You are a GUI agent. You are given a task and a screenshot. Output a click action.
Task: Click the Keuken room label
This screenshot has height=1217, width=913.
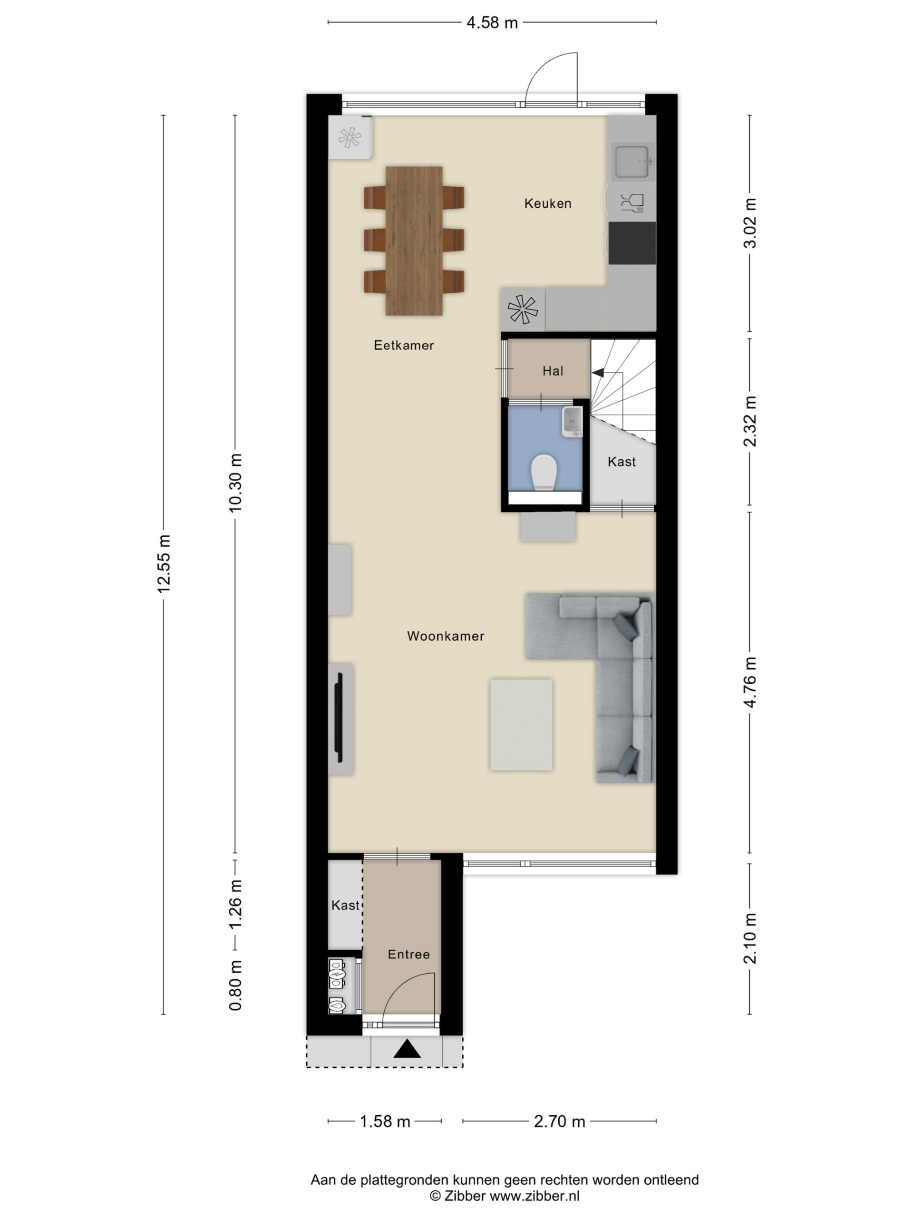pos(548,203)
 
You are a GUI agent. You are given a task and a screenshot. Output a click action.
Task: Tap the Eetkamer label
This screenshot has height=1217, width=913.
pos(404,345)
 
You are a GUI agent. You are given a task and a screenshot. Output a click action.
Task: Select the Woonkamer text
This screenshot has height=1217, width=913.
pos(446,636)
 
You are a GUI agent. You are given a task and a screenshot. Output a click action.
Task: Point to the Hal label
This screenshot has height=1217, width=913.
pos(553,371)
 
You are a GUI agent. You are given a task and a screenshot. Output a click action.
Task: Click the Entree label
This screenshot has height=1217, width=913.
pos(409,954)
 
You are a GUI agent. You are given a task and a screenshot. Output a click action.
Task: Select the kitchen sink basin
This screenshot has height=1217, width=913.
pos(632,162)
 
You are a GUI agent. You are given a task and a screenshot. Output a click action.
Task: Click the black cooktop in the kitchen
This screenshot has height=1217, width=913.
pos(632,243)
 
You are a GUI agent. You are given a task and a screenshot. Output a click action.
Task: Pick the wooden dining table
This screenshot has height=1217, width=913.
pos(414,241)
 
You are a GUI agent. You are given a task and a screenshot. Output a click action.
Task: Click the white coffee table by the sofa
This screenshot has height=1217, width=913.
pos(521,724)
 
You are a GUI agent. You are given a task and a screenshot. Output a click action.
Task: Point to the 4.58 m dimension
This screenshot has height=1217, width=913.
pos(492,22)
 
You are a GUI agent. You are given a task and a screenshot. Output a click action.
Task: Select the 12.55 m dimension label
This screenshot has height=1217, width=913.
pos(164,563)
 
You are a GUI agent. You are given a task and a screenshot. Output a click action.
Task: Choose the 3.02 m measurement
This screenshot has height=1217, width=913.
pos(749,223)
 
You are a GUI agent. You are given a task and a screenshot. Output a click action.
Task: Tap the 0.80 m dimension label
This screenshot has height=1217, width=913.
pos(235,985)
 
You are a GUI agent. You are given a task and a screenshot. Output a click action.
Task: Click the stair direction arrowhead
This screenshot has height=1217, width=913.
pos(598,373)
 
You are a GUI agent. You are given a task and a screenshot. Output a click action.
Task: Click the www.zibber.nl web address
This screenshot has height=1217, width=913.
pos(534,1196)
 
